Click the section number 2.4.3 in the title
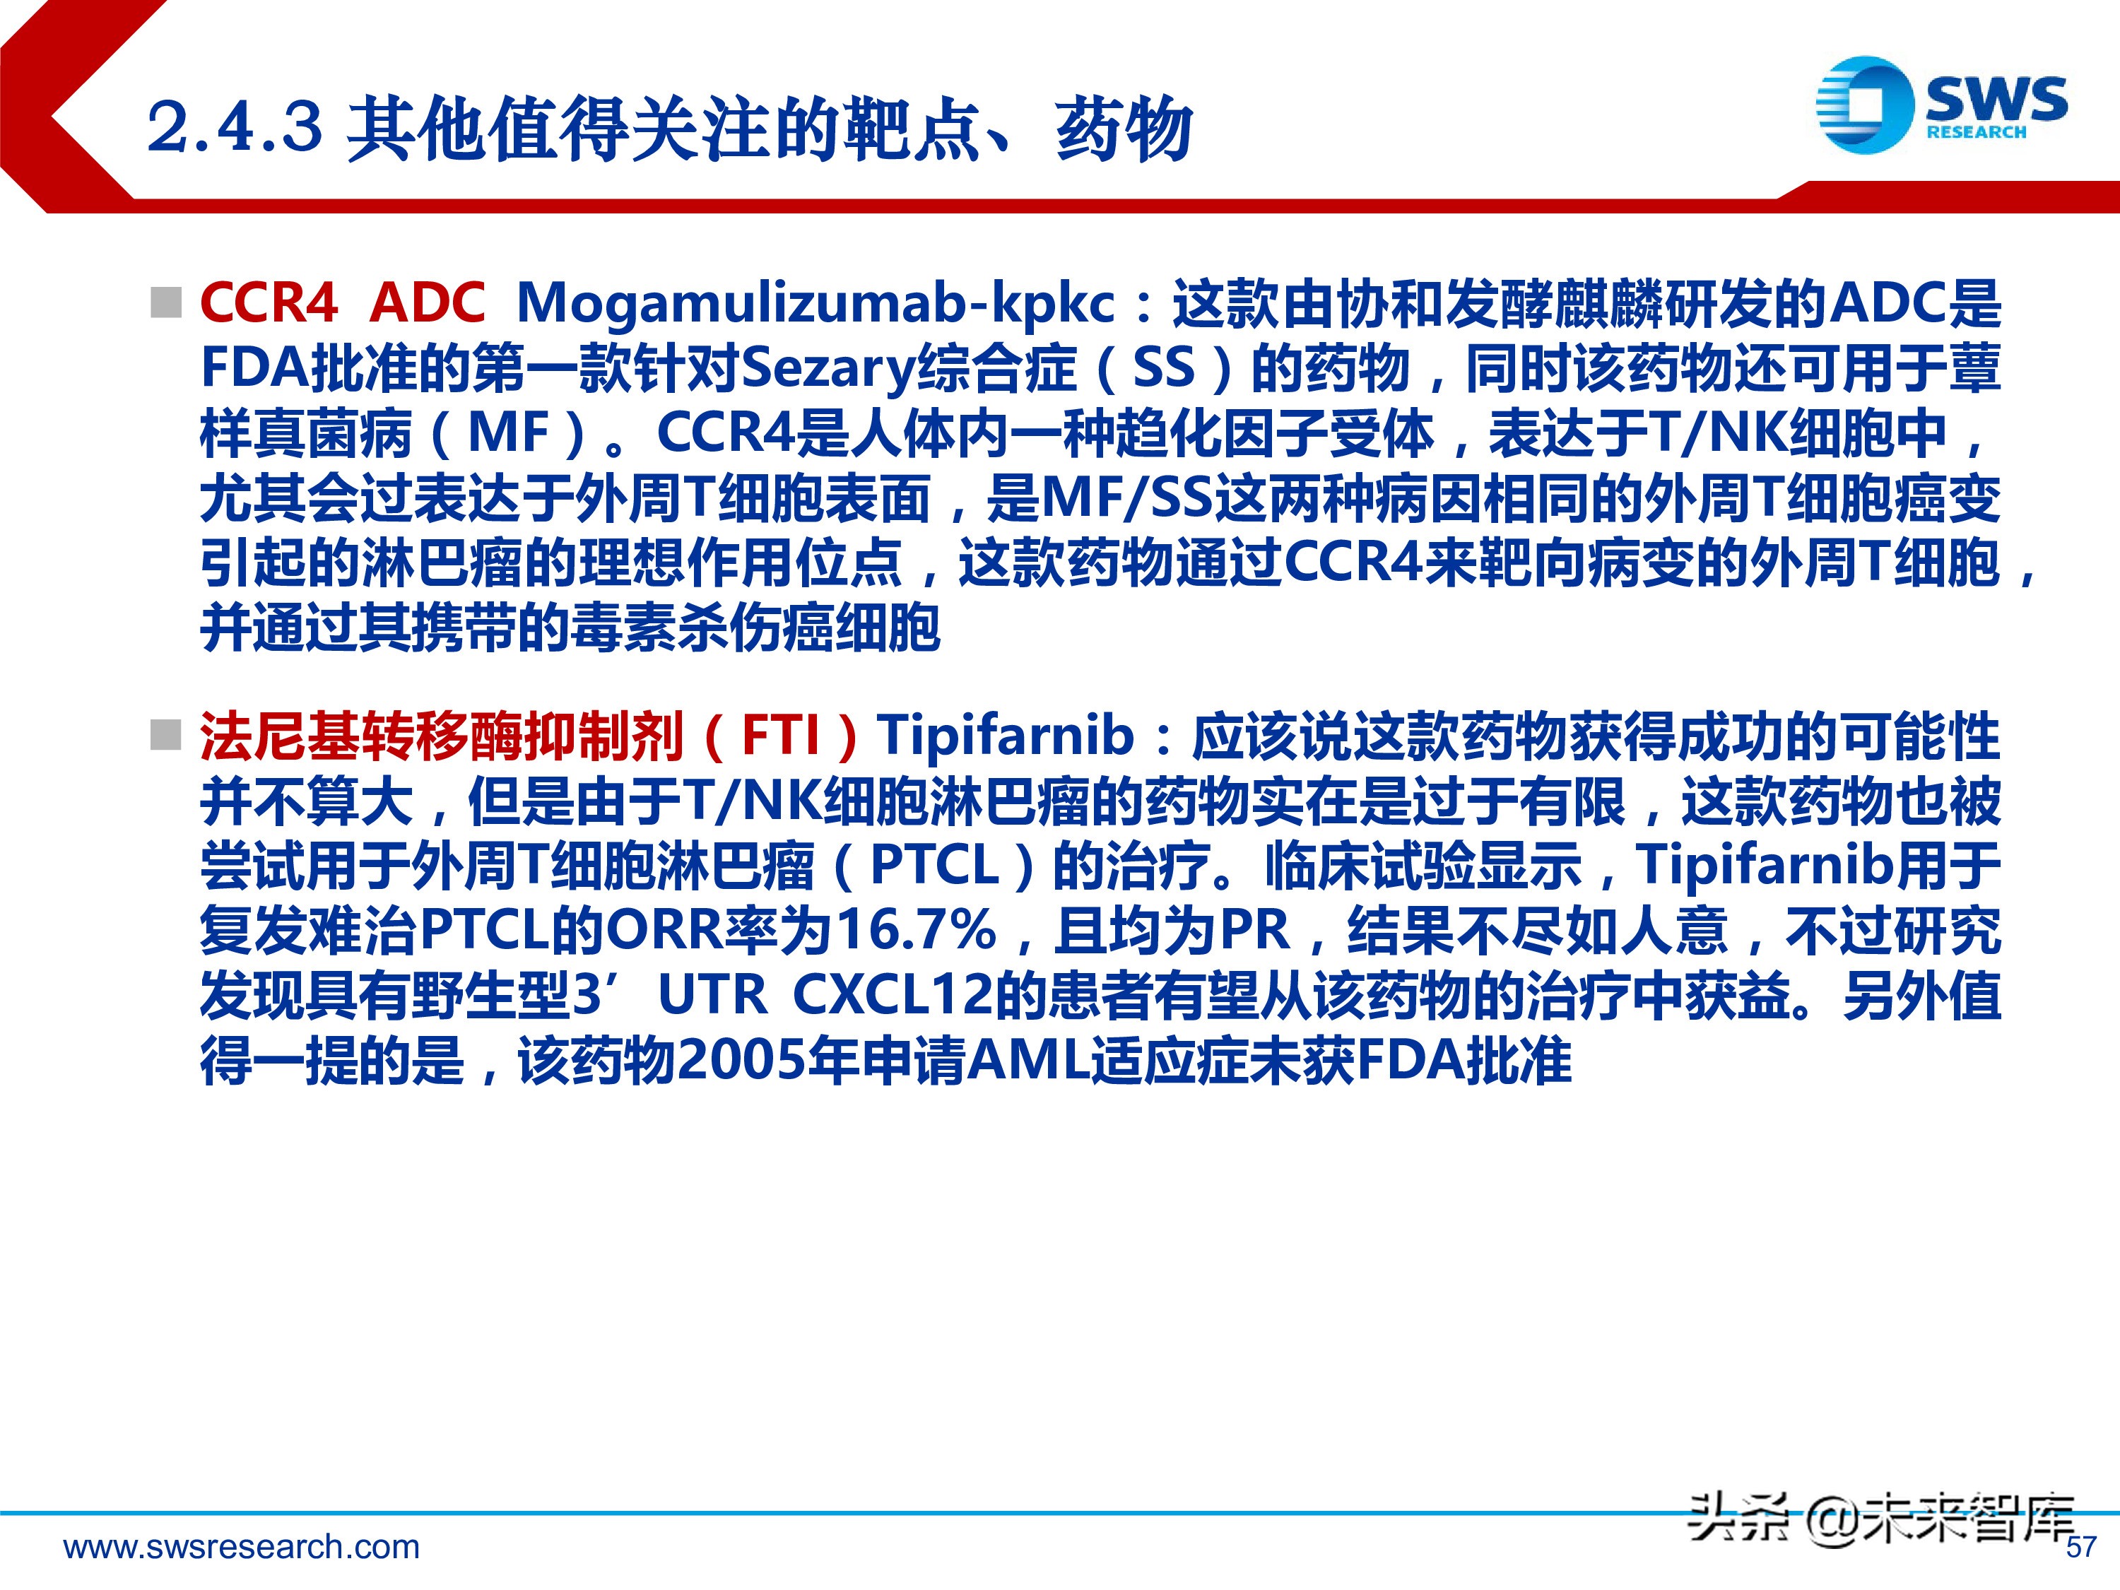[x=235, y=126]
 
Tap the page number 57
[x=2080, y=1547]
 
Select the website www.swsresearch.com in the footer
[x=242, y=1547]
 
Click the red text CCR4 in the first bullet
[x=269, y=303]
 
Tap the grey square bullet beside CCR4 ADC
[x=166, y=303]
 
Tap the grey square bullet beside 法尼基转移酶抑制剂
[x=166, y=736]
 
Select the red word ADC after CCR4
[x=428, y=303]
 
